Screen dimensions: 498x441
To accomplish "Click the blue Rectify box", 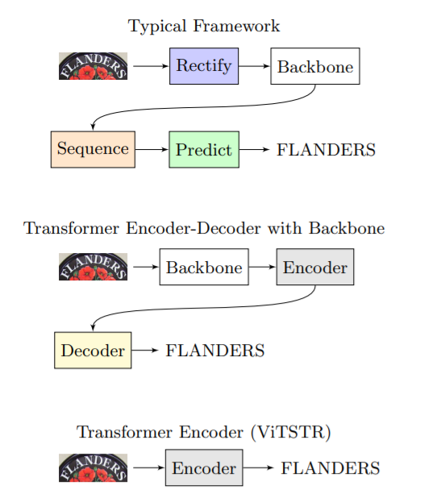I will tap(203, 66).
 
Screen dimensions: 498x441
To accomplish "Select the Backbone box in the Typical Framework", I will tap(314, 66).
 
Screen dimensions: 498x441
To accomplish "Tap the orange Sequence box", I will tap(93, 149).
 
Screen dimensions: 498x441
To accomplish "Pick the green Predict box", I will tap(203, 149).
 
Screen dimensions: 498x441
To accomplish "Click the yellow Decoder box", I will tap(93, 350).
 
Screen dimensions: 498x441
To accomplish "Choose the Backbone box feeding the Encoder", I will tap(204, 268).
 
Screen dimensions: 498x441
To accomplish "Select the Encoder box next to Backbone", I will tap(314, 268).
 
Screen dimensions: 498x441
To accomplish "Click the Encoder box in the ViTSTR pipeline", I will tap(203, 468).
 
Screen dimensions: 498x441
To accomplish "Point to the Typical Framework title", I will tap(204, 26).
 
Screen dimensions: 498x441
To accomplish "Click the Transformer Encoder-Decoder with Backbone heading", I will tap(204, 228).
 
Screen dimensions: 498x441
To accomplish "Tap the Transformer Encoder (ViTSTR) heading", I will tap(204, 432).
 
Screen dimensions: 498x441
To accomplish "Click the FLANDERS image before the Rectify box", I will tap(94, 66).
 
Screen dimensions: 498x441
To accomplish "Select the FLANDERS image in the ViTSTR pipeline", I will tap(94, 468).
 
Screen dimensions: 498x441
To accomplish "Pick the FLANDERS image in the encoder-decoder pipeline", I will tap(94, 268).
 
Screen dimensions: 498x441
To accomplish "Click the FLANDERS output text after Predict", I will tap(326, 150).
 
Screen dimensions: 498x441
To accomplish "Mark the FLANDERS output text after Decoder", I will tap(214, 351).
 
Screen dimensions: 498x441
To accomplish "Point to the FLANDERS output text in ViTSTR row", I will tap(330, 469).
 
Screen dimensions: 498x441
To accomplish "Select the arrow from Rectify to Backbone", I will tap(254, 66).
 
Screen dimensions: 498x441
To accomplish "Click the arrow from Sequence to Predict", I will tap(152, 149).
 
